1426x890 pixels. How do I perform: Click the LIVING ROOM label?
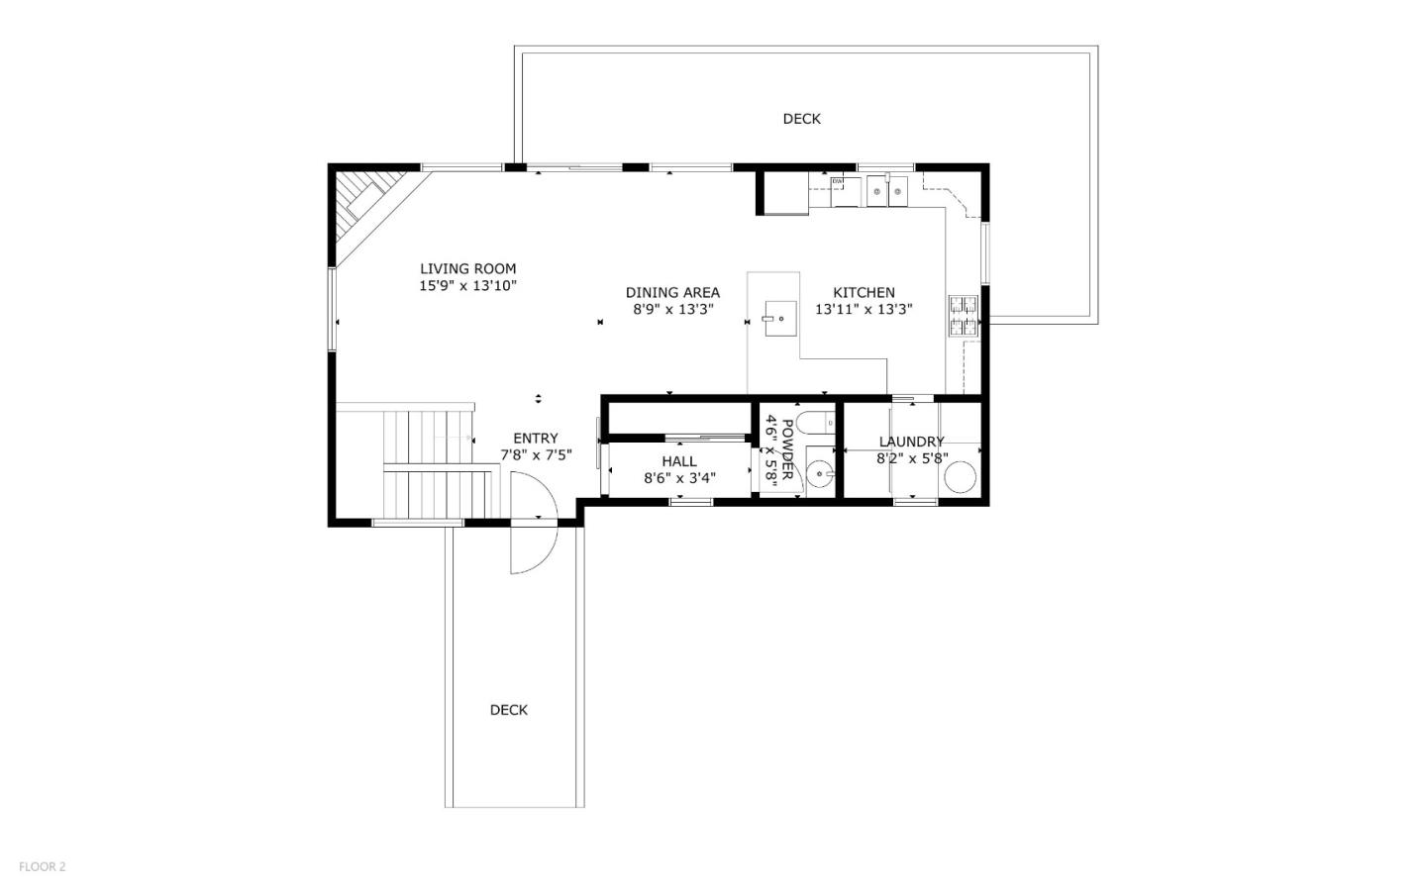[x=467, y=268]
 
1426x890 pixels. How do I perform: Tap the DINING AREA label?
[x=672, y=292]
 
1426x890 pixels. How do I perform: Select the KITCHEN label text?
[x=864, y=292]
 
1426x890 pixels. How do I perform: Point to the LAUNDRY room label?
[x=911, y=442]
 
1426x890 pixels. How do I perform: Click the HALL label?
[x=679, y=461]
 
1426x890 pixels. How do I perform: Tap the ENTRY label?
[x=535, y=438]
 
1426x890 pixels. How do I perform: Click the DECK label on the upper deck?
[x=801, y=119]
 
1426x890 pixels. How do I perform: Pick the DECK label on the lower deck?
[x=509, y=710]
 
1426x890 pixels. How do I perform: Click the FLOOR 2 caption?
[x=42, y=866]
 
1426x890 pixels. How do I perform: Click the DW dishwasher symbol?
[x=839, y=181]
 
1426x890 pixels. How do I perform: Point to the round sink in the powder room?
[x=820, y=473]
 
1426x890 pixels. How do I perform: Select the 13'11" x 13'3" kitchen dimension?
[x=864, y=309]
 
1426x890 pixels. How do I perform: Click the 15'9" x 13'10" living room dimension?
[x=467, y=285]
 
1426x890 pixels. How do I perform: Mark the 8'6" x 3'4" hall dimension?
[x=679, y=478]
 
